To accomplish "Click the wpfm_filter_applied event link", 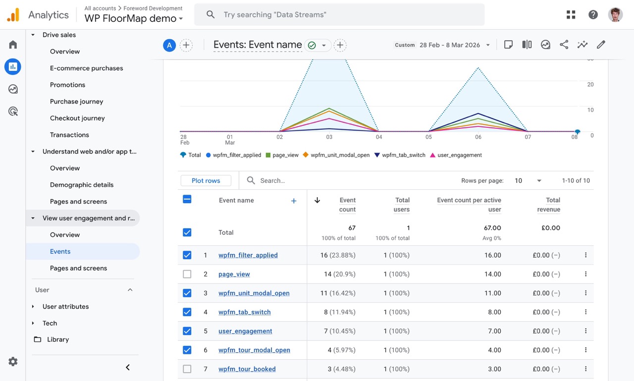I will click(248, 255).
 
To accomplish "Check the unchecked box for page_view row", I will click(187, 274).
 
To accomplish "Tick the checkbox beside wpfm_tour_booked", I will click(187, 369).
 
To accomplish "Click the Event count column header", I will click(347, 205).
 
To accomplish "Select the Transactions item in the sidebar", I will click(69, 135).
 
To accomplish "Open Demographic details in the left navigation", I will click(82, 185).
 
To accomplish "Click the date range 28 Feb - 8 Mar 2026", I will click(449, 45).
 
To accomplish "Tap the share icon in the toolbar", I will click(564, 45).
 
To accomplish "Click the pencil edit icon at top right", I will click(601, 45).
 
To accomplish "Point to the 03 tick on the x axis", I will click(329, 137).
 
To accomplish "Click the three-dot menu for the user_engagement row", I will click(585, 331).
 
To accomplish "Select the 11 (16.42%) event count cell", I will click(337, 293).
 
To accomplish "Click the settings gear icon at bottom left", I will click(13, 362).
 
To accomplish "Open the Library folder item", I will click(57, 339).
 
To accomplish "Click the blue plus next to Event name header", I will click(294, 201).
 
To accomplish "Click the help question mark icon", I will click(593, 15).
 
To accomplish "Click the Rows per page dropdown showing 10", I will click(528, 181).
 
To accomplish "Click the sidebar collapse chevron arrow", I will click(128, 367).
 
